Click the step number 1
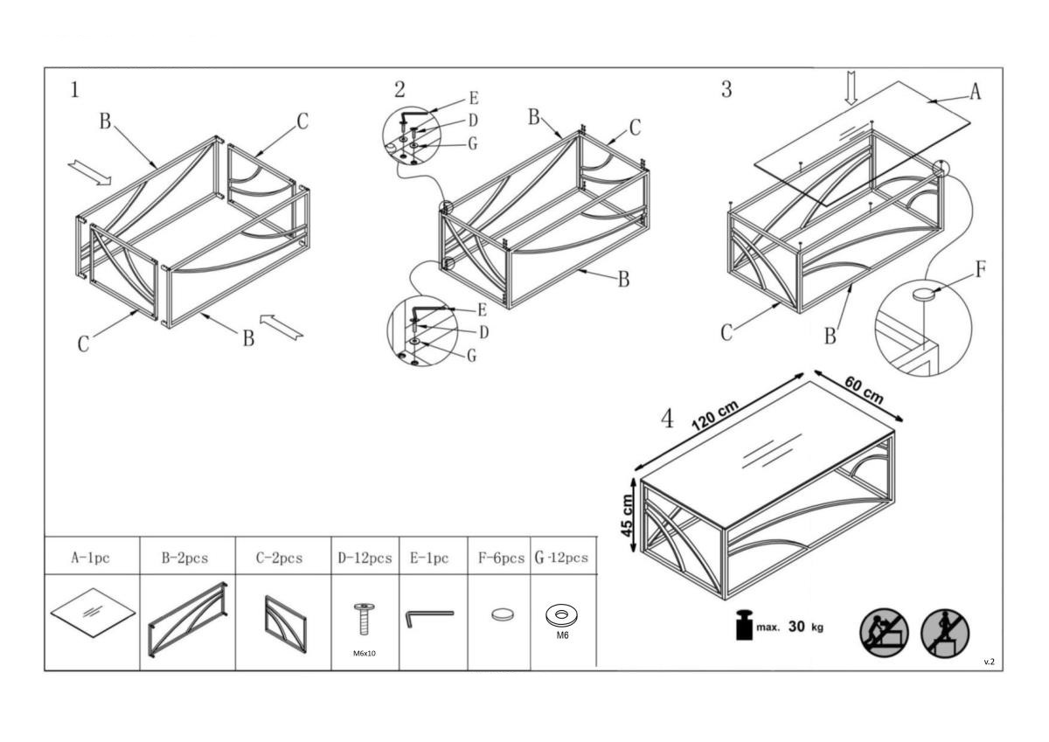(x=75, y=89)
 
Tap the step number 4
(x=667, y=419)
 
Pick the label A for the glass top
(x=975, y=92)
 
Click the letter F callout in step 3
(x=980, y=270)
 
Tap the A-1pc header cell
(x=91, y=558)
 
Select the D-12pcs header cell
(x=365, y=558)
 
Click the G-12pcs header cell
(x=561, y=557)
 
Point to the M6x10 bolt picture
(x=364, y=620)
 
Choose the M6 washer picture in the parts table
(x=561, y=614)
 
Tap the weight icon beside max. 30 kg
(x=744, y=625)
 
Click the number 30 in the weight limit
(x=795, y=627)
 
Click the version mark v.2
(x=989, y=662)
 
